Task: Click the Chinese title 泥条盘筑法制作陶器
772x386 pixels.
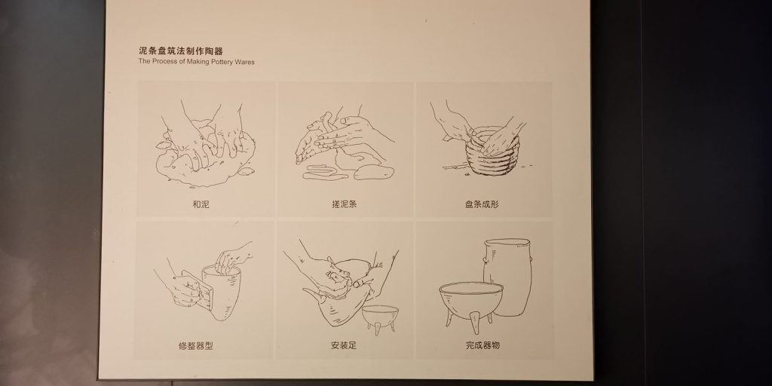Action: pos(181,51)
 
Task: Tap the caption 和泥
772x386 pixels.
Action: pos(201,204)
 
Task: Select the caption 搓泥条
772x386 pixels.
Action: pos(344,204)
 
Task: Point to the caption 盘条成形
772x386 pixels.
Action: pos(482,204)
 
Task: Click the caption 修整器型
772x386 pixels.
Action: pos(195,345)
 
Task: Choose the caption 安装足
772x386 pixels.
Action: pos(344,345)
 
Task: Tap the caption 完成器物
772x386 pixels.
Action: pos(482,345)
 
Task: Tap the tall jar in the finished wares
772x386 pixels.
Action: pos(507,276)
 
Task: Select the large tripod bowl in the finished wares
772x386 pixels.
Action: pos(470,300)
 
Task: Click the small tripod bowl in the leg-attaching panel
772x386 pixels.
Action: pos(380,317)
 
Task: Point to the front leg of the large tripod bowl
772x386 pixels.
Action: pos(475,324)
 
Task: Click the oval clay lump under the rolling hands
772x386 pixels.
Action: pos(374,172)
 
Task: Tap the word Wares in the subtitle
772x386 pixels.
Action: pos(245,62)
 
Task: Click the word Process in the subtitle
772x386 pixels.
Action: pos(164,62)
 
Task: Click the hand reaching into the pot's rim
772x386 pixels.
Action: pos(233,259)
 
